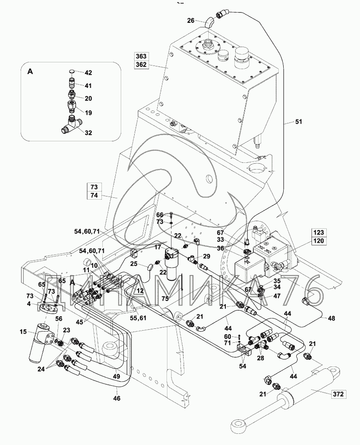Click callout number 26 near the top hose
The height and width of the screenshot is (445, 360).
point(190,20)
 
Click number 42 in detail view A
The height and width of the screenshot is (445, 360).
point(88,73)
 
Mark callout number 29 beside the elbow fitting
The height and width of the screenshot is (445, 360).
point(206,256)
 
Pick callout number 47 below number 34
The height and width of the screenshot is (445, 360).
point(277,296)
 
